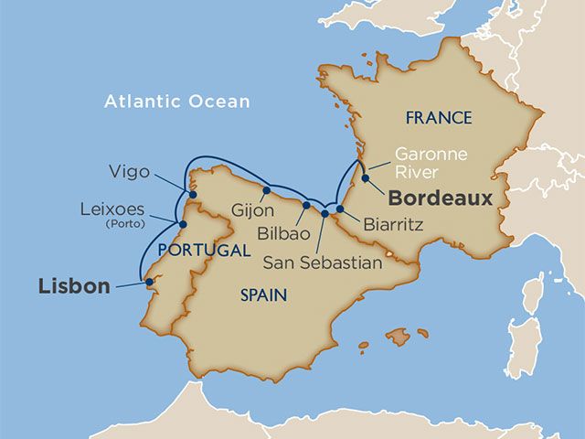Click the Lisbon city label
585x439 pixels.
tap(74, 286)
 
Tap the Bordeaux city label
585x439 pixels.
tap(440, 198)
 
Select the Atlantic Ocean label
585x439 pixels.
tap(176, 102)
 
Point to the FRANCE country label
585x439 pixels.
tap(439, 118)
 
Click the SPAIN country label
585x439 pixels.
tap(264, 295)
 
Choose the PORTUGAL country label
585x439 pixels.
tap(202, 250)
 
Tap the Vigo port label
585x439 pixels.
tap(129, 171)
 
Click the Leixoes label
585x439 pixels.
tap(112, 209)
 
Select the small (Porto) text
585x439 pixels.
tap(125, 223)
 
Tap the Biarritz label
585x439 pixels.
tap(393, 223)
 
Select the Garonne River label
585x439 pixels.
tap(431, 163)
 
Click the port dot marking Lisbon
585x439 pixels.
tap(149, 283)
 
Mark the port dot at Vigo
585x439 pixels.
tap(191, 194)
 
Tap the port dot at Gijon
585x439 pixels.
tap(266, 192)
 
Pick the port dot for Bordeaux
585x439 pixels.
tap(365, 178)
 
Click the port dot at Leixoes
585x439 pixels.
tap(183, 224)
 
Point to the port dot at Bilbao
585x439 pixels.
tap(305, 206)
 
